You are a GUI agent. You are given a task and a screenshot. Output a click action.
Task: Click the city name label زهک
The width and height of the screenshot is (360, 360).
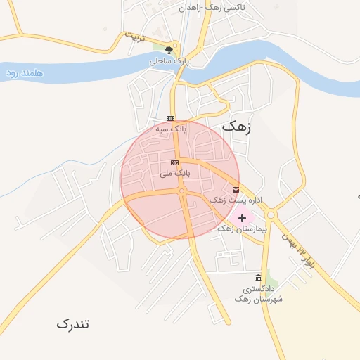tap(236, 127)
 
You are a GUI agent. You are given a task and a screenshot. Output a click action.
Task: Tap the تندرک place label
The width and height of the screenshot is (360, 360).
tap(73, 324)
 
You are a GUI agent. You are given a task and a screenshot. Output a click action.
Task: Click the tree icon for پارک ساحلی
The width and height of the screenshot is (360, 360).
tap(169, 49)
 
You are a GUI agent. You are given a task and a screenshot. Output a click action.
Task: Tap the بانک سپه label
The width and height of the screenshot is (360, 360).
tap(172, 129)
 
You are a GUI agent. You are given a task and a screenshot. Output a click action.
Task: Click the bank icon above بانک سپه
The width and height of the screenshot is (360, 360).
tap(170, 118)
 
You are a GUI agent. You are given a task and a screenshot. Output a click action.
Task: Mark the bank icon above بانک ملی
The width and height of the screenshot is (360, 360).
tap(174, 162)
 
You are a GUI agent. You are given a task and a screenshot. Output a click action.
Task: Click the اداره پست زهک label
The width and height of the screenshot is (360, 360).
tap(236, 200)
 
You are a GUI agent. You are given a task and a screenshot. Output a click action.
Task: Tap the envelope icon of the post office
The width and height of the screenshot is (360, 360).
tap(255, 188)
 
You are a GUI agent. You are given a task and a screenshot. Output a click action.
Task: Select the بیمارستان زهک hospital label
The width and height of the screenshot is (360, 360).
tap(243, 229)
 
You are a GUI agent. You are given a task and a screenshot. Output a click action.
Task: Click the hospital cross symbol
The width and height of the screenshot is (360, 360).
tap(243, 218)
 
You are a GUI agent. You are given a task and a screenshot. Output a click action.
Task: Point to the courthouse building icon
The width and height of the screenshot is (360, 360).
tap(259, 278)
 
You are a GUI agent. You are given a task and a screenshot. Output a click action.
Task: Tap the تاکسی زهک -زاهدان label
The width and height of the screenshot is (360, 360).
tap(210, 8)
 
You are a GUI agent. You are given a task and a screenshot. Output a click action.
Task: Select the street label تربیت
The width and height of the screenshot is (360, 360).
tap(134, 36)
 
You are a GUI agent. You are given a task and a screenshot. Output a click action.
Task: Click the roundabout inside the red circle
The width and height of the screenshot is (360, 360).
tap(181, 191)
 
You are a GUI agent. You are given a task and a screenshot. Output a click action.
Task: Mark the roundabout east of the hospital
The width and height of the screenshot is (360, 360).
tap(271, 216)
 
